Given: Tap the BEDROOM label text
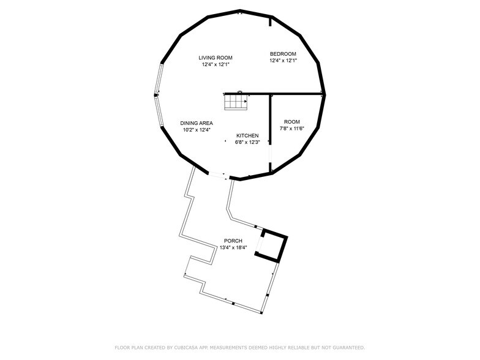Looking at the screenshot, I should click(283, 53).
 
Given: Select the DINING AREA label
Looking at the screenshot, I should click(196, 122).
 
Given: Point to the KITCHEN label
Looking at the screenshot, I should click(247, 135).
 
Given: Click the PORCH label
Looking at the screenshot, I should click(233, 241).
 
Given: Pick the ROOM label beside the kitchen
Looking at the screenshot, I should click(291, 121).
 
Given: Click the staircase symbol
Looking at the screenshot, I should click(235, 102).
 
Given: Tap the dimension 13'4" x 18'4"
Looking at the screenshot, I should click(233, 247).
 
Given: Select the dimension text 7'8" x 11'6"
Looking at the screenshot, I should click(291, 128).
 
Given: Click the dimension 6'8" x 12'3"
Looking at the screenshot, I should click(247, 142).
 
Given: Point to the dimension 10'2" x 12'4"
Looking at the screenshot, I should click(196, 129).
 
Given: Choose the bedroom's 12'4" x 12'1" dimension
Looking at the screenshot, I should click(283, 60).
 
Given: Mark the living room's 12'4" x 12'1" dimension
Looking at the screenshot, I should click(215, 65).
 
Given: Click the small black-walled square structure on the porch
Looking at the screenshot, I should click(274, 245).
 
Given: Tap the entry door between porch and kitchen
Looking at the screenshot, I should click(218, 176).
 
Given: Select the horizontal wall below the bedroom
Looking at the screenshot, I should click(294, 94).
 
